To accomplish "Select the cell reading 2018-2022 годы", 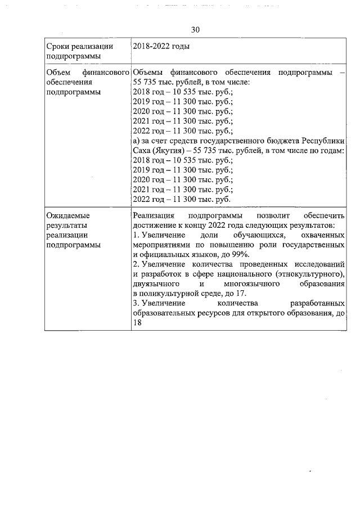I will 160,46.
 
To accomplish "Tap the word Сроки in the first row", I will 58,46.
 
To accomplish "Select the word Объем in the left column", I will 57,73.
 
